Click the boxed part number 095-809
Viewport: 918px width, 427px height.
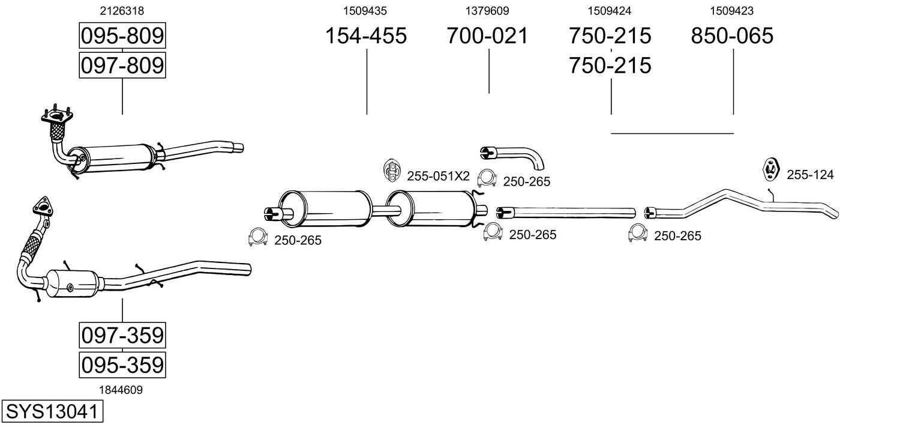point(122,37)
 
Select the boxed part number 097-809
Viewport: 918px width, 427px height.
point(122,65)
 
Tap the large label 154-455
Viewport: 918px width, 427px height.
point(365,36)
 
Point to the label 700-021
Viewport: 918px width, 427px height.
point(487,36)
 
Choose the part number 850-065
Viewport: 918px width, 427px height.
point(732,36)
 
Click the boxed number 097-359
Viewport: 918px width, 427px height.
point(122,335)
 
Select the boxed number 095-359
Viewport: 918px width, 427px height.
point(122,364)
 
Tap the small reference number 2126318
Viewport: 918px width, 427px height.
point(122,10)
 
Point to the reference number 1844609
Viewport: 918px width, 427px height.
point(122,390)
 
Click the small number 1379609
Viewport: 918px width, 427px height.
point(487,10)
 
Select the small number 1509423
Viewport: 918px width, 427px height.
point(732,10)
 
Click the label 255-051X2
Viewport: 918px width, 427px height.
point(438,176)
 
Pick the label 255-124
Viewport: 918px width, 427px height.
point(810,175)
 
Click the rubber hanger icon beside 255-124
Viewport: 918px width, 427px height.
point(770,169)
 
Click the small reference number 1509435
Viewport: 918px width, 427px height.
point(365,10)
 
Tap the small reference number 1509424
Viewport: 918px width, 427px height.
point(610,10)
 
